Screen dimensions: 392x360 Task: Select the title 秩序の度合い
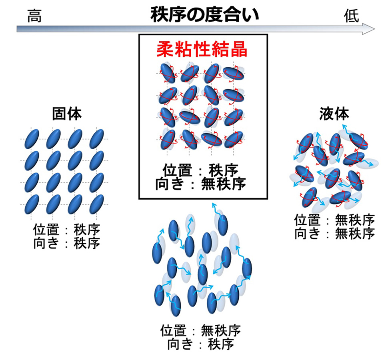click(x=204, y=15)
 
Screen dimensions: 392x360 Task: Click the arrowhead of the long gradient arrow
click(x=368, y=29)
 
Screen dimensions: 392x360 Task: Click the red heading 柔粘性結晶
click(x=202, y=50)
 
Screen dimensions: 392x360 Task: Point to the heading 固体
click(x=67, y=114)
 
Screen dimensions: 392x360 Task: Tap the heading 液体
click(x=334, y=114)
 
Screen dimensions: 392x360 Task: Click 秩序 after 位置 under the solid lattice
click(x=87, y=230)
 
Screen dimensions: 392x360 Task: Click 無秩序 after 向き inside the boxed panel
click(x=224, y=184)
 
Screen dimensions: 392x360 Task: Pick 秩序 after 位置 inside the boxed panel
click(x=223, y=170)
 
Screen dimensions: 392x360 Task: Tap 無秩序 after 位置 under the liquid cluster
click(x=355, y=220)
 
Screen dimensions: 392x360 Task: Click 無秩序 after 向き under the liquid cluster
click(x=355, y=234)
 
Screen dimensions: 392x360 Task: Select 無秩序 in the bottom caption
click(x=221, y=330)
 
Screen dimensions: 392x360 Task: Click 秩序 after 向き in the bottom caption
click(x=221, y=344)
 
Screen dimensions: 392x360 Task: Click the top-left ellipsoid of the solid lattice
click(x=32, y=139)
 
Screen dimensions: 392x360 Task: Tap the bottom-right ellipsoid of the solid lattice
click(x=96, y=204)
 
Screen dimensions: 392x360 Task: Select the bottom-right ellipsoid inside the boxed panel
click(x=233, y=140)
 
